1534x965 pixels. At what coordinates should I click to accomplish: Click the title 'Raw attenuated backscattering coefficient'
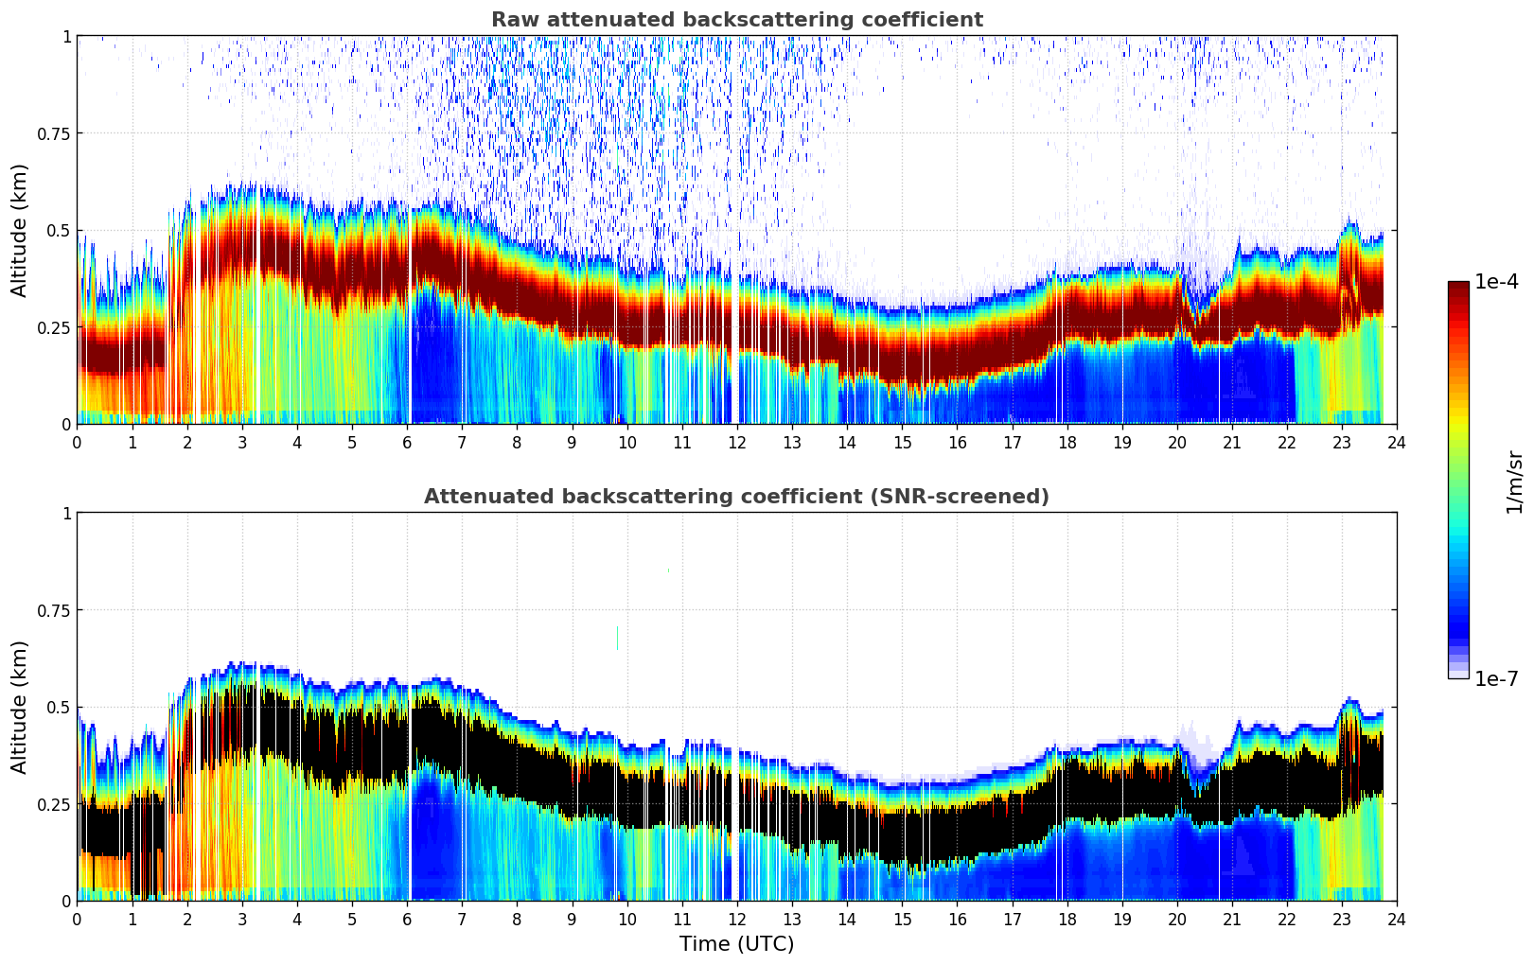736,20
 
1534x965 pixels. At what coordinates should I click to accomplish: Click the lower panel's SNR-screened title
736,497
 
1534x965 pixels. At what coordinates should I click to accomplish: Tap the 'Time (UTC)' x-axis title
736,944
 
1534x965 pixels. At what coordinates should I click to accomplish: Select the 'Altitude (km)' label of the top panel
20,230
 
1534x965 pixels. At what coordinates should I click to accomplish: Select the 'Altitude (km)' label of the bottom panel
20,707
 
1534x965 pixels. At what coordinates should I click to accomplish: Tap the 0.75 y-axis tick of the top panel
53,133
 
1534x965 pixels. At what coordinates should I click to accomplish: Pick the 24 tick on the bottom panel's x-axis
1396,919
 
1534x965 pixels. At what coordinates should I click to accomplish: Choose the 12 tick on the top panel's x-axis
736,442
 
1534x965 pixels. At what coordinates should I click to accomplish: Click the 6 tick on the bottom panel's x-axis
407,919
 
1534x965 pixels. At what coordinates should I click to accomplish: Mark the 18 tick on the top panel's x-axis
1067,442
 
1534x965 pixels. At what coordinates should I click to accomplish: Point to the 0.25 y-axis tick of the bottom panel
53,804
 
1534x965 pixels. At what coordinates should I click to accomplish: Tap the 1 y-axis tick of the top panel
66,36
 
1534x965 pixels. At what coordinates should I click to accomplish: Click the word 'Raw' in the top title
509,20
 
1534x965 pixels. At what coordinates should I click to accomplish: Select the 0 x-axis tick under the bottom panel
77,919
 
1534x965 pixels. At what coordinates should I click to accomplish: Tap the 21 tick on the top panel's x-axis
1231,442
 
